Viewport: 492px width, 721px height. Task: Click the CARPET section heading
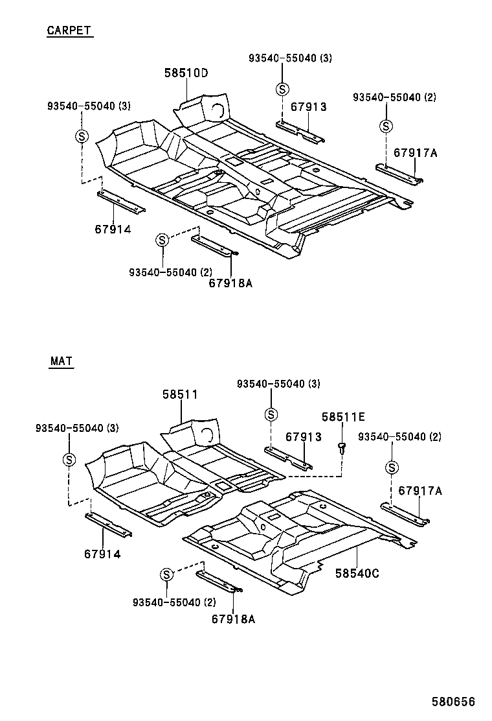tap(69, 30)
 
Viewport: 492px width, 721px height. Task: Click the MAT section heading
tap(61, 362)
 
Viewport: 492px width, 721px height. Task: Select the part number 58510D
tap(185, 73)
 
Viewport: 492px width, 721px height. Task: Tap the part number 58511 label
tap(180, 394)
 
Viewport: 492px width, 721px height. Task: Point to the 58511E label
tap(344, 416)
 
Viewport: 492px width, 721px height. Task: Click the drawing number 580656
tap(454, 702)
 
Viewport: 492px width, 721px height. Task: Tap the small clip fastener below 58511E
tap(341, 447)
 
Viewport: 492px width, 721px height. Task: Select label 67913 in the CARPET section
tap(308, 107)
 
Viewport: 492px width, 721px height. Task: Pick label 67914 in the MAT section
tap(102, 554)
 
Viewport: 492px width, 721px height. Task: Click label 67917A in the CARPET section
tap(416, 153)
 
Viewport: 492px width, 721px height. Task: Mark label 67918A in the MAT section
tap(233, 619)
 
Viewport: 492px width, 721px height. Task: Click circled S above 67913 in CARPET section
tap(282, 89)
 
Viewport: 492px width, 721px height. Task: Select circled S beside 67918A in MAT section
tap(166, 574)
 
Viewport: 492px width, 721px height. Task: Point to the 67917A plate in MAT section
tap(405, 513)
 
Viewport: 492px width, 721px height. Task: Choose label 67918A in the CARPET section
tap(230, 283)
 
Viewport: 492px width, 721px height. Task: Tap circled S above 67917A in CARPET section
tap(386, 126)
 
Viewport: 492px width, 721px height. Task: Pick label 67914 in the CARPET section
tap(112, 229)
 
